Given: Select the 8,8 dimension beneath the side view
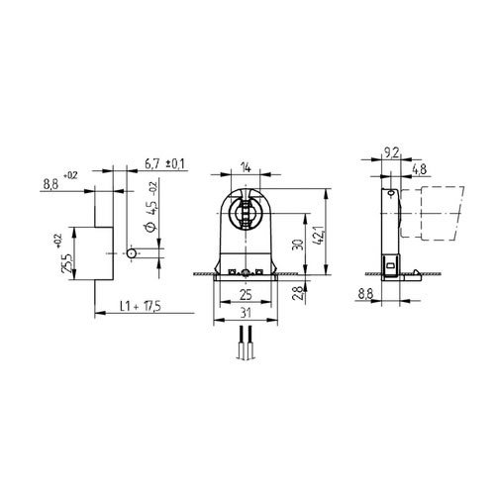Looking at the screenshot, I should [x=366, y=294].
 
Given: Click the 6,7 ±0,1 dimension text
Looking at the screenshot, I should [x=163, y=162].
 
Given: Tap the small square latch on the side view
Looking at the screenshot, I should [x=395, y=265].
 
